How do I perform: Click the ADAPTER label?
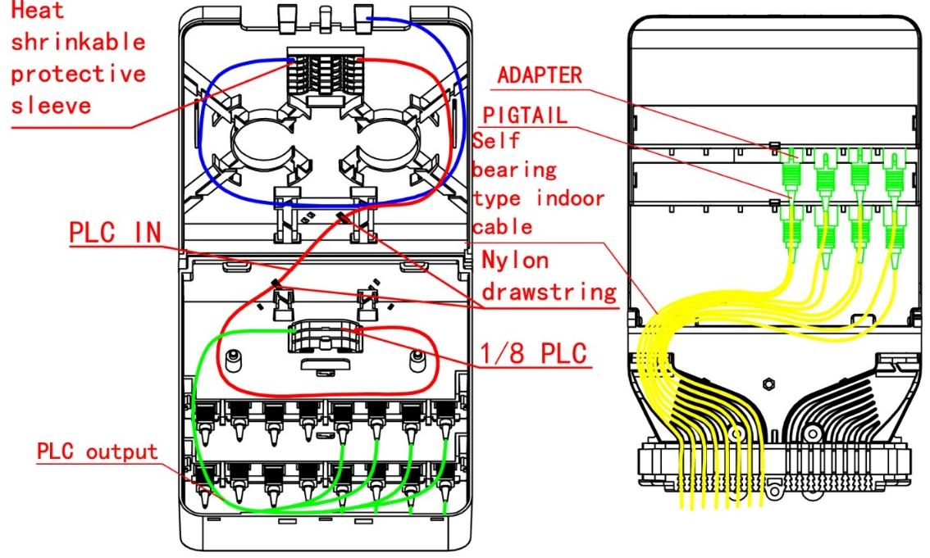[540, 75]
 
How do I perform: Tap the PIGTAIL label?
[525, 115]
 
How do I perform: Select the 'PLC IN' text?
[115, 232]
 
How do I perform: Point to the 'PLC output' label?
[98, 451]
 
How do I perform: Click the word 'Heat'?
[38, 10]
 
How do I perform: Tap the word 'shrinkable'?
[78, 42]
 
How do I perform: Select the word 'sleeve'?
[51, 106]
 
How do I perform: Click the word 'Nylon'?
[515, 261]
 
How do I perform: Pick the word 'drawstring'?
[549, 292]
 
